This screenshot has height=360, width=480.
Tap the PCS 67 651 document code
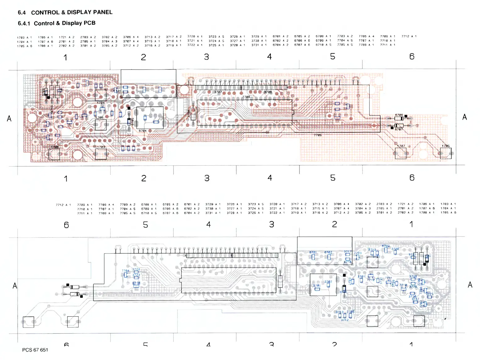pyautogui.click(x=35, y=350)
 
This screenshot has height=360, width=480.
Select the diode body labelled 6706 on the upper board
pyautogui.click(x=399, y=119)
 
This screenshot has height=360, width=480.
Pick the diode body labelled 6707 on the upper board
pyautogui.click(x=399, y=125)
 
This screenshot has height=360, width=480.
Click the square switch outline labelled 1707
pyautogui.click(x=400, y=153)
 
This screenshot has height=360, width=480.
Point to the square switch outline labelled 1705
pyautogui.click(x=445, y=153)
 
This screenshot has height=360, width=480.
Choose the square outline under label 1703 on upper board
pyautogui.click(x=101, y=154)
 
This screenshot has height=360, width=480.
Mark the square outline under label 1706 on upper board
pyautogui.click(x=54, y=154)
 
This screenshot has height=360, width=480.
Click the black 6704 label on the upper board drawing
pyautogui.click(x=142, y=131)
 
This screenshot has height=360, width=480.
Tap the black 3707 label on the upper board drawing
pyautogui.click(x=218, y=92)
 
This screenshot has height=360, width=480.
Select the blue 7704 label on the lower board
pyautogui.click(x=125, y=270)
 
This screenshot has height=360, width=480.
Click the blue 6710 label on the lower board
pyautogui.click(x=136, y=283)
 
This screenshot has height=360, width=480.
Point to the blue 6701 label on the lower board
pyautogui.click(x=313, y=252)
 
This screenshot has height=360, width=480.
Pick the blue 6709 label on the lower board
pyautogui.click(x=386, y=246)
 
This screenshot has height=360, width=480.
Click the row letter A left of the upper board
pyautogui.click(x=9, y=119)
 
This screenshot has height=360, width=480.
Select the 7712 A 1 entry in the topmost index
pyautogui.click(x=409, y=36)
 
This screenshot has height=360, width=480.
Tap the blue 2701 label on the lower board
pyautogui.click(x=316, y=285)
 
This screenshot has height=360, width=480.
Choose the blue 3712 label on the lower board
pyautogui.click(x=344, y=320)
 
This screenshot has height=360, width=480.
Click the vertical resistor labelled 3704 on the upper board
pyautogui.click(x=193, y=114)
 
